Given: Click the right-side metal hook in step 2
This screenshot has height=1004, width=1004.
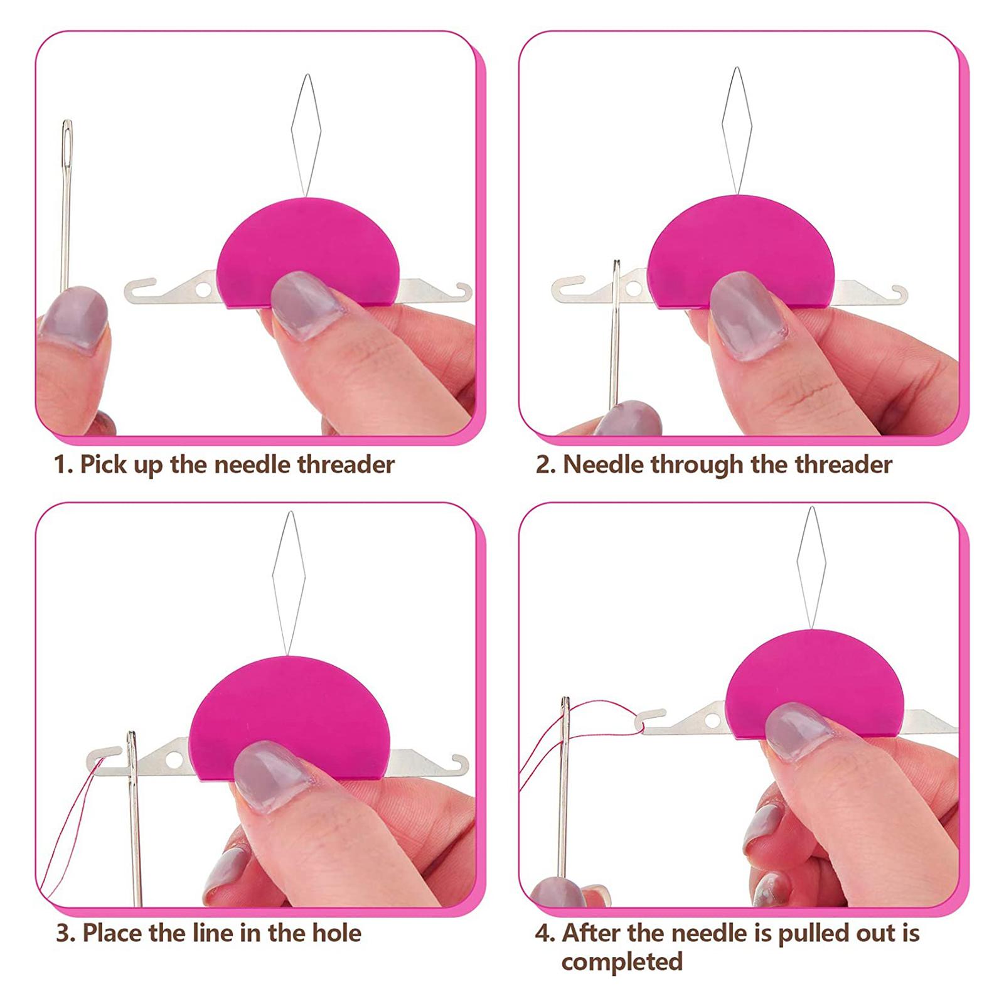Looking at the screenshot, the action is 897,294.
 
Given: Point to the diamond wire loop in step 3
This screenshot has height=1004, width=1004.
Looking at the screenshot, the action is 289,584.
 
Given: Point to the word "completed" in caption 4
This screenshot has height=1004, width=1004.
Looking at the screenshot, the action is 622,963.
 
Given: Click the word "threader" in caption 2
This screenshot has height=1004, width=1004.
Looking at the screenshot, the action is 843,465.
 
